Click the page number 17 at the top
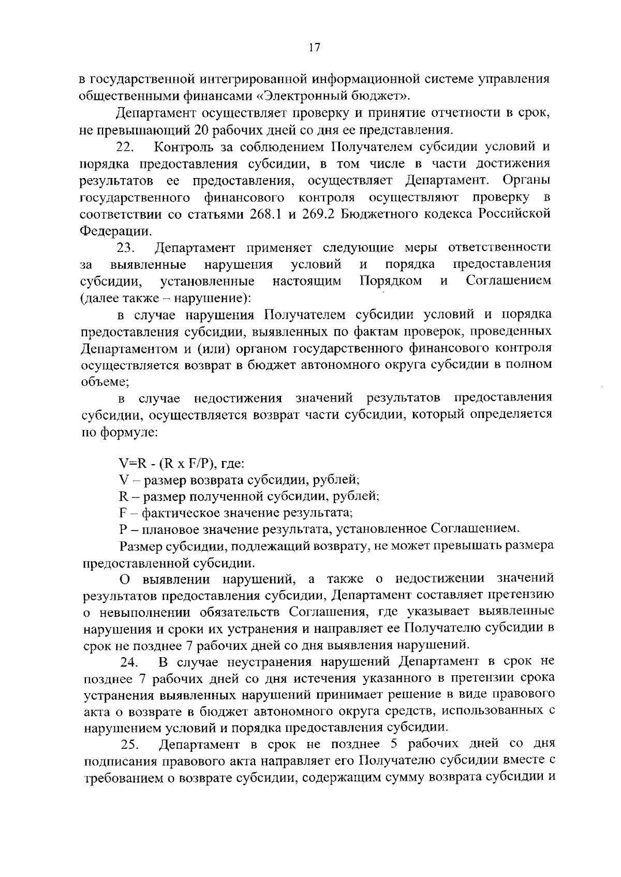click(314, 48)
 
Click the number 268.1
click(265, 214)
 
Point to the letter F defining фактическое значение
click(123, 513)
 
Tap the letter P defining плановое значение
click(123, 529)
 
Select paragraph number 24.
click(130, 662)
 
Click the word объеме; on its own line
click(105, 382)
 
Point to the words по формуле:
click(119, 432)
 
